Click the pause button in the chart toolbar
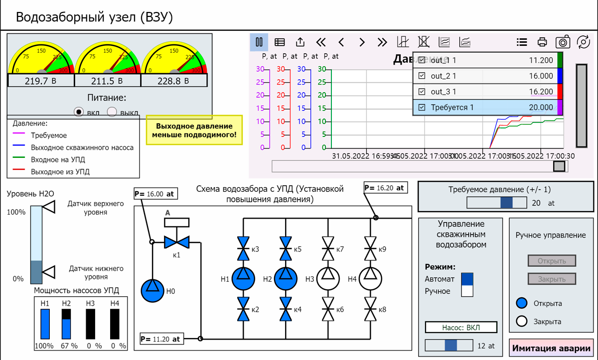point(259,42)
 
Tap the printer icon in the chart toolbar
point(542,42)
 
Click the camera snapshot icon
point(563,42)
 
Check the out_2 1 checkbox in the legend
point(422,76)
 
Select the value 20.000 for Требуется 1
point(541,108)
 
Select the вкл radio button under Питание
point(79,112)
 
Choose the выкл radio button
point(112,112)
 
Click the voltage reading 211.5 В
point(107,81)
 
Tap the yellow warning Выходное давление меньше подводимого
point(194,130)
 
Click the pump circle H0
point(152,290)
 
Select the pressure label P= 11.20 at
point(162,339)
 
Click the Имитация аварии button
point(552,349)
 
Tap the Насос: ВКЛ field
point(461,328)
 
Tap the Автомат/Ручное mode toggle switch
point(467,285)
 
